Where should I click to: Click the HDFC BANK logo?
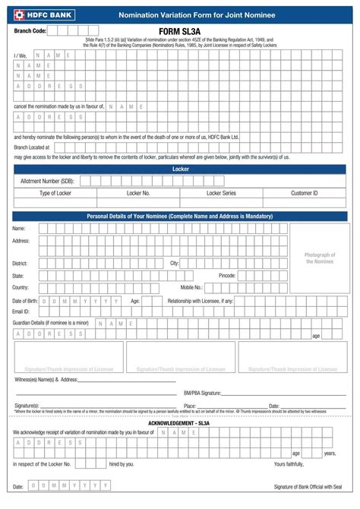[x=36, y=14]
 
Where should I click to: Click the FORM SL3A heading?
[x=180, y=31]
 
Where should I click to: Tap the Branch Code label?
[x=30, y=31]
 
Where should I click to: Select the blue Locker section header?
[x=180, y=169]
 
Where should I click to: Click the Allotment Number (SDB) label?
[x=47, y=181]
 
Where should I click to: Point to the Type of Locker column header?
[x=55, y=193]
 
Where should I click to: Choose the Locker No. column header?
[x=138, y=193]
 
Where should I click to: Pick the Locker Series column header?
[x=221, y=193]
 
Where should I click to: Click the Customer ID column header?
[x=304, y=193]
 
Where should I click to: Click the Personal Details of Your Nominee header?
[x=180, y=217]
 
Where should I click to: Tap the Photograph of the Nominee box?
[x=320, y=258]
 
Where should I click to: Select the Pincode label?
[x=227, y=275]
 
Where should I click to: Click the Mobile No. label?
[x=191, y=287]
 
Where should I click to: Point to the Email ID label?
[x=21, y=311]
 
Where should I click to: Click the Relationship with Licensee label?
[x=201, y=300]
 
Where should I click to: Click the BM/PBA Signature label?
[x=202, y=393]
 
